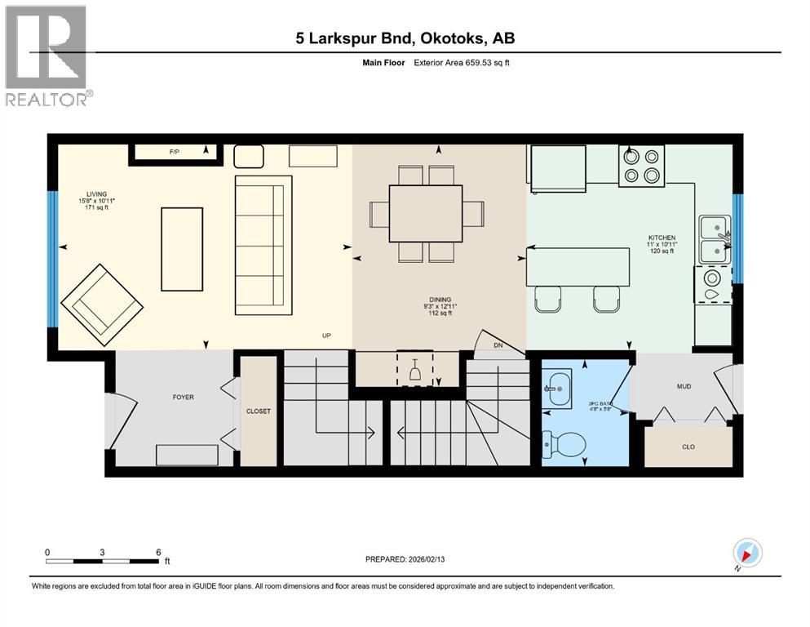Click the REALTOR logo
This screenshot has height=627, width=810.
click(46, 56)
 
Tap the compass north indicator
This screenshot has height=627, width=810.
click(747, 554)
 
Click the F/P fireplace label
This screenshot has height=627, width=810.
click(174, 152)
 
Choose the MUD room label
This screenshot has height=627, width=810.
click(684, 386)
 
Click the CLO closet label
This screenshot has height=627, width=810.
click(688, 447)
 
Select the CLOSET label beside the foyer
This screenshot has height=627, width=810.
click(259, 411)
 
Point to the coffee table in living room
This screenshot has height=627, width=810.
click(181, 248)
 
